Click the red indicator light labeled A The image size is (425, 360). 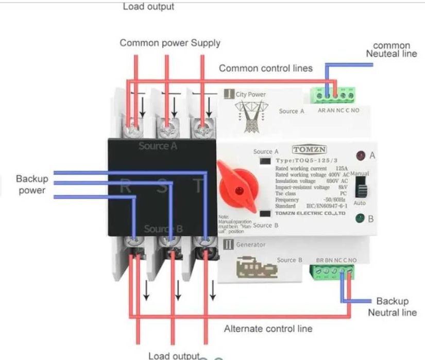point(359,155)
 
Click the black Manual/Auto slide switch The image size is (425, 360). point(363,190)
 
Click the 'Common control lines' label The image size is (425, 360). point(266,68)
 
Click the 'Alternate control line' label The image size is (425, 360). point(268,329)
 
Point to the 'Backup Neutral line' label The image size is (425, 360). point(392,306)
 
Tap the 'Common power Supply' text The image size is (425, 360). point(170,43)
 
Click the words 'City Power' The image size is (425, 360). point(251,95)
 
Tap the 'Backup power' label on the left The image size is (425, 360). point(32,184)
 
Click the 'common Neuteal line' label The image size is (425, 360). point(392,49)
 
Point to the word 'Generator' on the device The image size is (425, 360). point(251,245)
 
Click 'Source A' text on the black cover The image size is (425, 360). point(158,146)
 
